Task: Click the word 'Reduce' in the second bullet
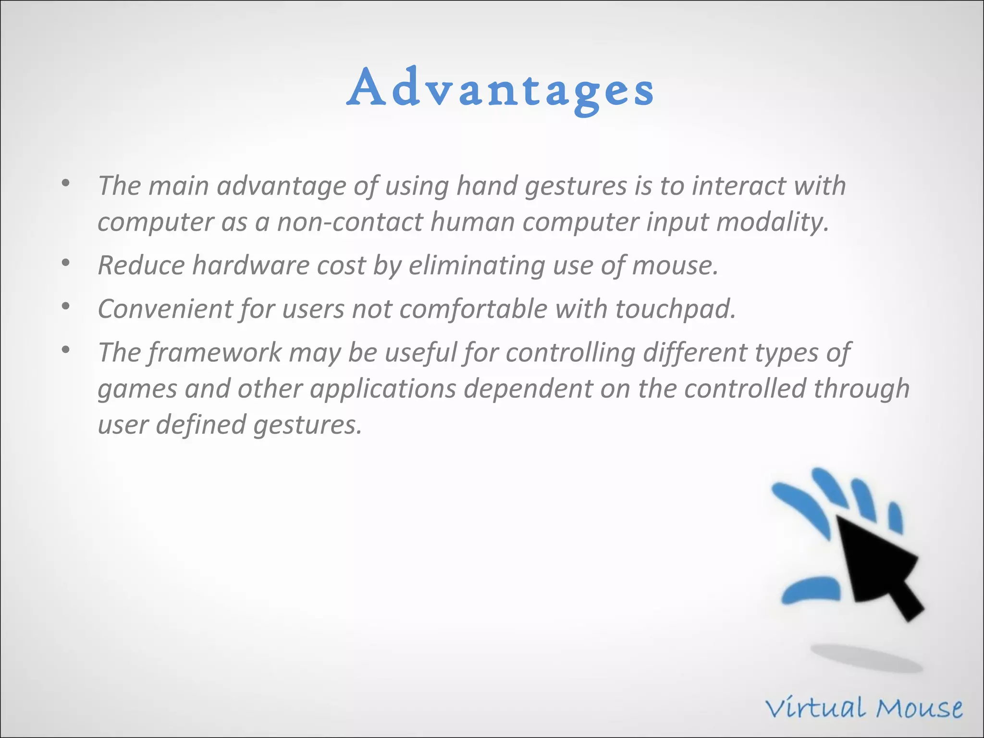coord(141,265)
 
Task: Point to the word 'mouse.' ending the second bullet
coord(675,265)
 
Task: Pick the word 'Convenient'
coord(165,309)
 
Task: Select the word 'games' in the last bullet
coord(137,388)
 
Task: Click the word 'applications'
coord(383,388)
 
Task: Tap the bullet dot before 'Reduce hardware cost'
coord(66,263)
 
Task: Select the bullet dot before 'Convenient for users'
coord(66,306)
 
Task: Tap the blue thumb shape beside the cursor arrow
coord(811,590)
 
